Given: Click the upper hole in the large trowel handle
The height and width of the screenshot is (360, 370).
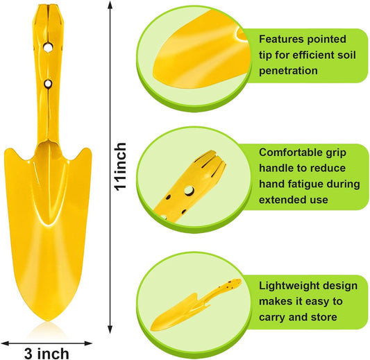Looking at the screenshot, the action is pyautogui.click(x=48, y=47).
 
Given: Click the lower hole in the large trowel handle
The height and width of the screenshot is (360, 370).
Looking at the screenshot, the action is pyautogui.click(x=48, y=84).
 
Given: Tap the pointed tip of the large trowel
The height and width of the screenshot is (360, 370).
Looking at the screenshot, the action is pyautogui.click(x=48, y=320).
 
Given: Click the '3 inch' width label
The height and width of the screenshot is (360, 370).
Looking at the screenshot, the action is pyautogui.click(x=47, y=353).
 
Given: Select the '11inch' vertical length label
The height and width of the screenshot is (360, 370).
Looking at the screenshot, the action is pyautogui.click(x=120, y=166).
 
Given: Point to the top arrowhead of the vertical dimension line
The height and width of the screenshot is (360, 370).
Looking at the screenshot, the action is pyautogui.click(x=110, y=5).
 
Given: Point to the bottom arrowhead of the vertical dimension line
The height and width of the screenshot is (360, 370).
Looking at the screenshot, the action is pyautogui.click(x=110, y=329).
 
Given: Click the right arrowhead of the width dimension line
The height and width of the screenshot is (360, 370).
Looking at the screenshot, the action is pyautogui.click(x=88, y=343).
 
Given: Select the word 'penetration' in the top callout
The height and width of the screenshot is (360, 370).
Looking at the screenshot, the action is pyautogui.click(x=288, y=71).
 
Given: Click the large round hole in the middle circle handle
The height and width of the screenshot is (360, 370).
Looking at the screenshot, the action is pyautogui.click(x=189, y=191).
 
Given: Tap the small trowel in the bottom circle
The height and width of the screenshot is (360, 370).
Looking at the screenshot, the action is pyautogui.click(x=196, y=304).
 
